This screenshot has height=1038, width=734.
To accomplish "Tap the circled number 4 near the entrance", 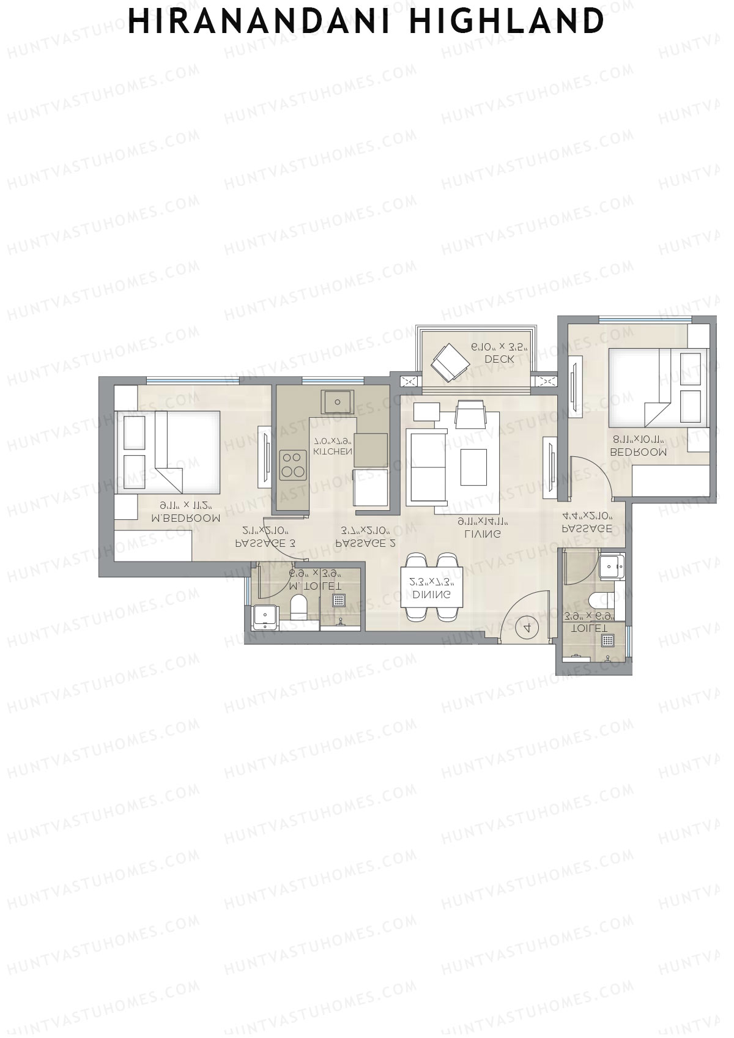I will (x=527, y=627).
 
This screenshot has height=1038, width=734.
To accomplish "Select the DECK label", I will (x=499, y=360).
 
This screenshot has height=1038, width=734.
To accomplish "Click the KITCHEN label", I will (x=332, y=452).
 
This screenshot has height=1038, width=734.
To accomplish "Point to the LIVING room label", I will (x=483, y=533).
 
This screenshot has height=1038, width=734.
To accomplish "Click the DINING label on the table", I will (x=432, y=595).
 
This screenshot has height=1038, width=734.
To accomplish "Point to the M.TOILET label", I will (x=315, y=586).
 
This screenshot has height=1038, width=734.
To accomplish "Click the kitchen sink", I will (x=337, y=402).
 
